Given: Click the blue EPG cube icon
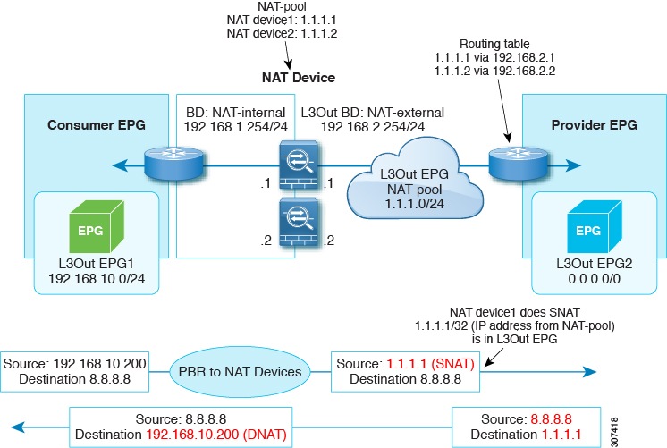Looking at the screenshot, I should click(587, 228).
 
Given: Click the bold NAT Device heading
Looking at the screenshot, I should click(299, 78).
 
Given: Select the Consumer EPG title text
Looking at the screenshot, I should click(96, 122).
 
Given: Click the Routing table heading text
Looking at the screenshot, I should click(493, 44).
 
